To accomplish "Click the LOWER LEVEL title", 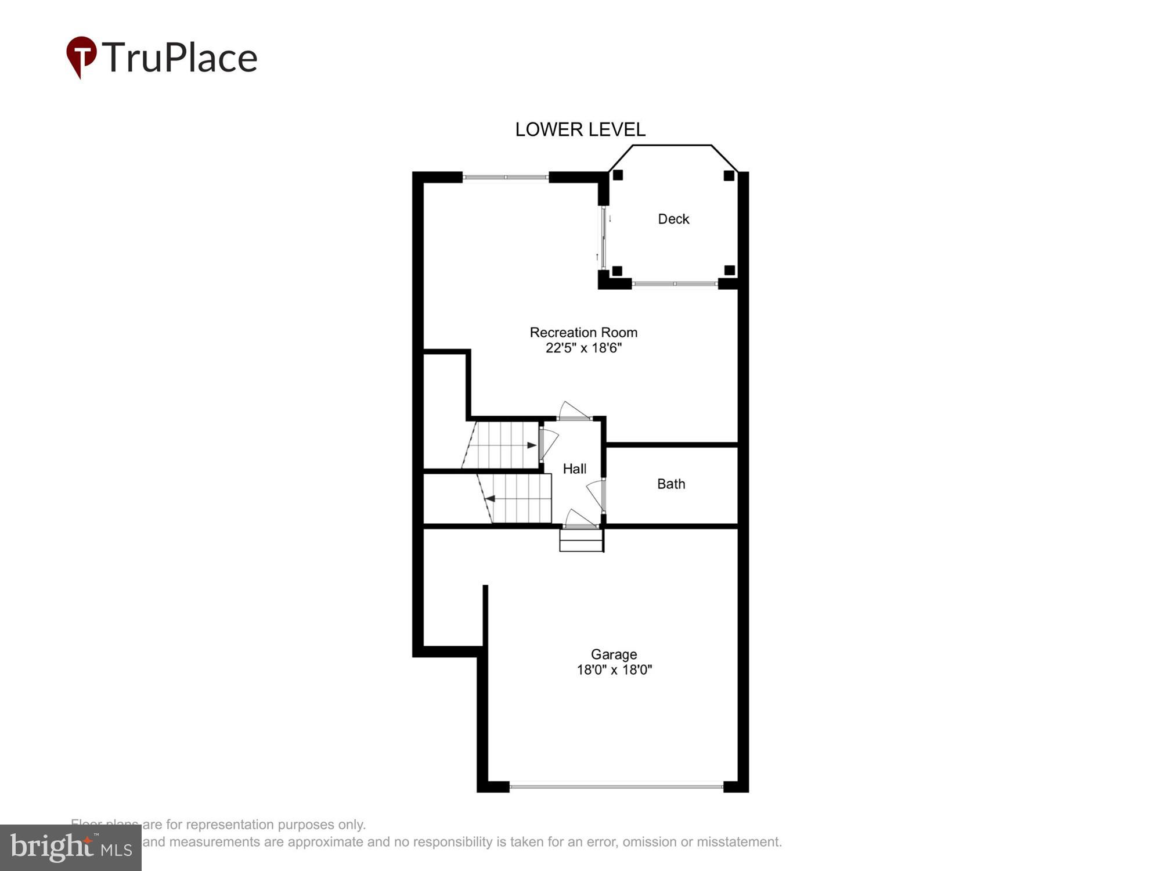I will coord(580,129).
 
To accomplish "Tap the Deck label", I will coord(673,219).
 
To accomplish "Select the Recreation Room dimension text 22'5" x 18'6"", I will coord(583,348).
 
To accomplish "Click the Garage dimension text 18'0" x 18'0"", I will coord(614,670).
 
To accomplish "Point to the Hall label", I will coord(575,469).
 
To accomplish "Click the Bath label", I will coord(671,484).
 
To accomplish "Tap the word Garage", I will coord(614,654).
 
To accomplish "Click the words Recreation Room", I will coord(583,332).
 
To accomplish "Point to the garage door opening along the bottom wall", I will coord(616,787).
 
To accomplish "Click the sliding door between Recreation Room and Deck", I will coord(604,238).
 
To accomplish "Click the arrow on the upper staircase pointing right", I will coord(531,445).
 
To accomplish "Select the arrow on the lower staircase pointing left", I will coord(491,498).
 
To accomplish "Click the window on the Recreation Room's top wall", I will coord(505,177).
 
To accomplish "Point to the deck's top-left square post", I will coord(618,175).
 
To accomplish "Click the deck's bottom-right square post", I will coord(730,270).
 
